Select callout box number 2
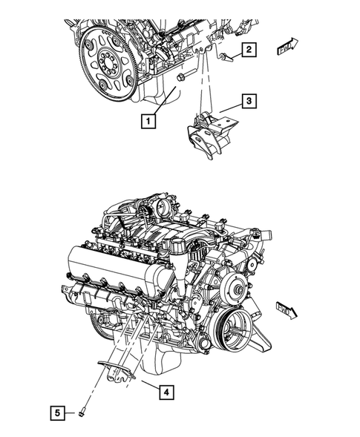[x=249, y=50]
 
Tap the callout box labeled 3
[x=249, y=100]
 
